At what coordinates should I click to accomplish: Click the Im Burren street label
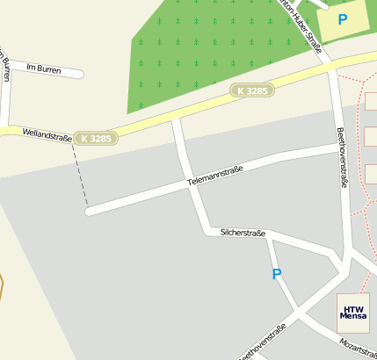click(41, 67)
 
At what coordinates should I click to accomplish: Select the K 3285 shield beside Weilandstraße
click(95, 139)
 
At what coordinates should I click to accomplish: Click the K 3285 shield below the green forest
click(252, 90)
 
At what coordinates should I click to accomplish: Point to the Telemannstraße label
click(214, 175)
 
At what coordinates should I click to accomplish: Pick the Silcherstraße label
click(243, 234)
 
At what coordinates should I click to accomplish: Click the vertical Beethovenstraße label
click(344, 157)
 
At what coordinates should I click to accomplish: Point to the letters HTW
click(352, 308)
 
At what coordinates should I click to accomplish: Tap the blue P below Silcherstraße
click(277, 274)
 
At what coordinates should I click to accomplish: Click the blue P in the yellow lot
click(342, 18)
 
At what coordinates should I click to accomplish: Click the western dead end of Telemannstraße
click(90, 211)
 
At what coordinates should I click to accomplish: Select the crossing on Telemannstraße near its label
click(190, 184)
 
